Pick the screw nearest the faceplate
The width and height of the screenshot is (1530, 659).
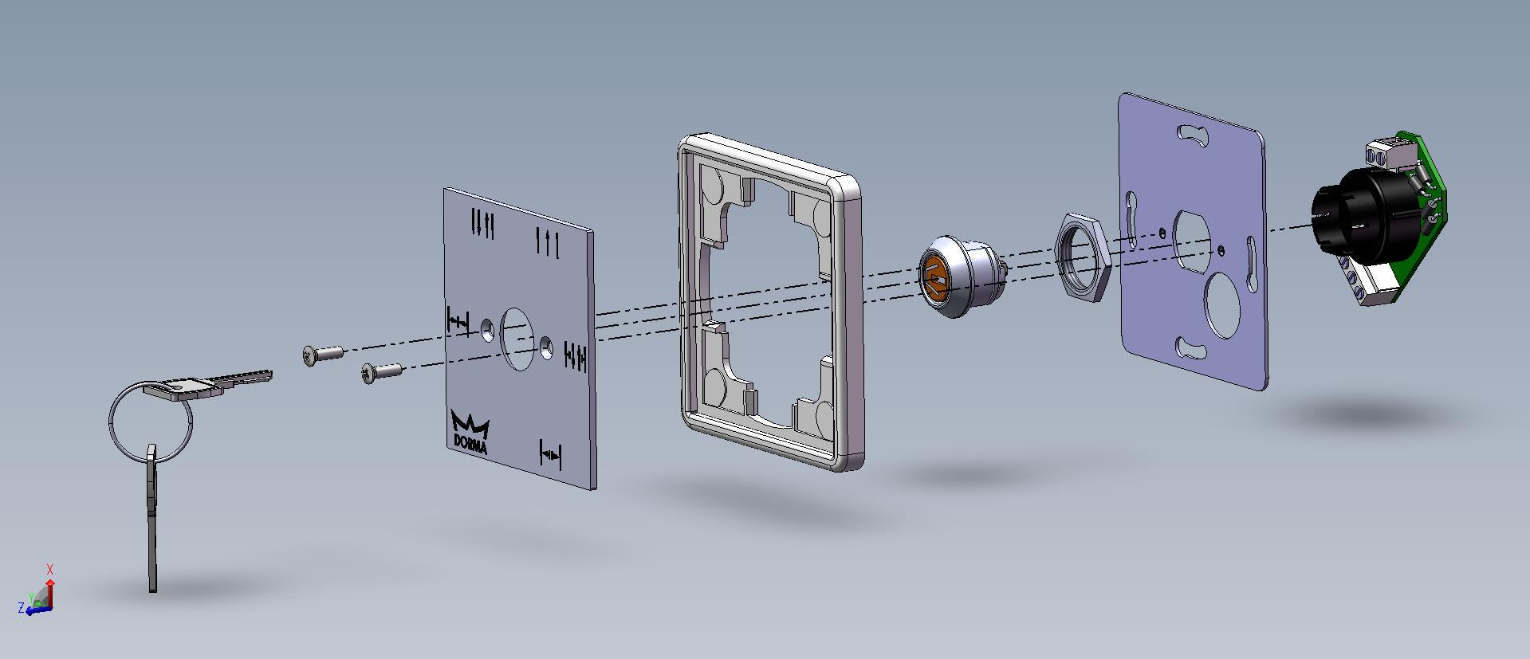click(x=381, y=372)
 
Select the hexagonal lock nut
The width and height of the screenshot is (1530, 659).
click(x=1082, y=256)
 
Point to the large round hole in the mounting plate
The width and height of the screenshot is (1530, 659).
click(x=1224, y=304)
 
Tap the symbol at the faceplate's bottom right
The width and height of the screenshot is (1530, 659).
click(x=550, y=454)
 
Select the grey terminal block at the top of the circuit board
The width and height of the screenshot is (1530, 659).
click(x=1386, y=156)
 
